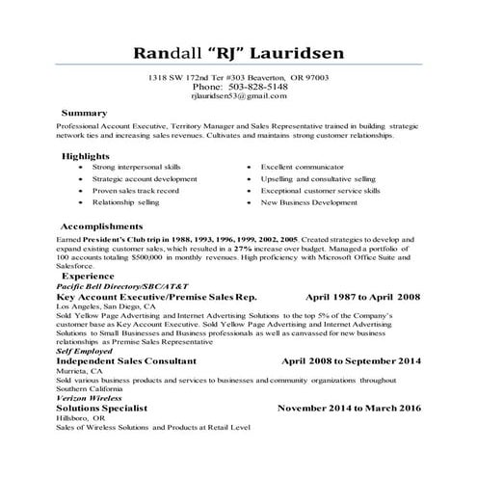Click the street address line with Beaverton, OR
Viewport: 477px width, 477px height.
tap(238, 76)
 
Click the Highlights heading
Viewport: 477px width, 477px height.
tap(85, 155)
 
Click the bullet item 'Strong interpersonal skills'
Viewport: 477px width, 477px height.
tap(136, 167)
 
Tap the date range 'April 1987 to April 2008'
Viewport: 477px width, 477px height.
tap(360, 298)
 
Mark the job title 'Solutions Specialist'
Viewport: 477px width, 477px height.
tap(103, 408)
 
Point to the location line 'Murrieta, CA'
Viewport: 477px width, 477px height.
tap(83, 372)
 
